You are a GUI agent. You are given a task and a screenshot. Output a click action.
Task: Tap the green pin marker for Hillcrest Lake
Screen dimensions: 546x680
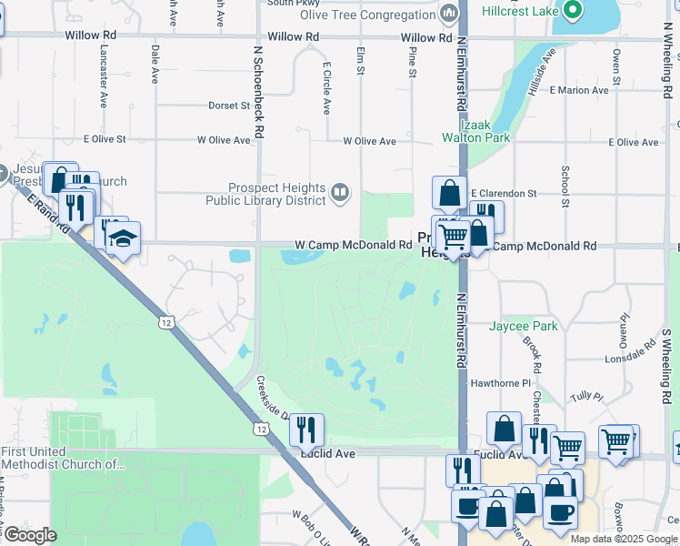point(572,10)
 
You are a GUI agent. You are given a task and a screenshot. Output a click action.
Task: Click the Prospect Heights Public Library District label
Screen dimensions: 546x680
point(265,194)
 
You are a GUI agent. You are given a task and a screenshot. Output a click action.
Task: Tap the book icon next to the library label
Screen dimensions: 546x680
point(340,191)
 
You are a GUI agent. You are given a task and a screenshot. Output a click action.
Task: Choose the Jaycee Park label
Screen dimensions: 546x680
point(523,326)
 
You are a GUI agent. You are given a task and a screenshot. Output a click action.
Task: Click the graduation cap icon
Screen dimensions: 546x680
point(122,239)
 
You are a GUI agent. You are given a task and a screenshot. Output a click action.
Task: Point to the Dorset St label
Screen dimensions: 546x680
point(229,106)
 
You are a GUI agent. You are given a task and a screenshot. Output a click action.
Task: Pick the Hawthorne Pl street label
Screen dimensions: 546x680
point(499,384)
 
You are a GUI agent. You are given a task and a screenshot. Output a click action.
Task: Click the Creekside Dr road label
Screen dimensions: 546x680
point(272,398)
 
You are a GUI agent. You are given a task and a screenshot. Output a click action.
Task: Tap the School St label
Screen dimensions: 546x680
point(565,186)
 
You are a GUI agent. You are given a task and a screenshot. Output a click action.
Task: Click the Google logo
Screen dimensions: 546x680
point(30,535)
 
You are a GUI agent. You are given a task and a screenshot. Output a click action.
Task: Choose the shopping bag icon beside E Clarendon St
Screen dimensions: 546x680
point(449,192)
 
